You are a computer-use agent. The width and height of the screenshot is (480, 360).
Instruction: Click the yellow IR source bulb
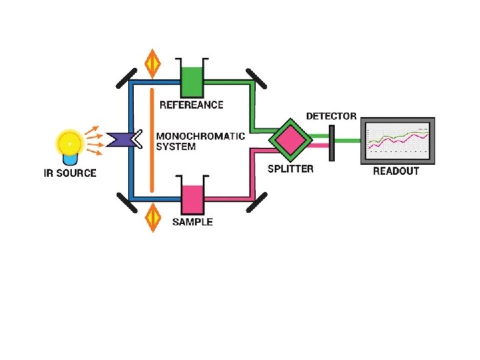(x=68, y=143)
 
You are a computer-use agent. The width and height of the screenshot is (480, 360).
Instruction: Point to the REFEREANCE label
(x=191, y=105)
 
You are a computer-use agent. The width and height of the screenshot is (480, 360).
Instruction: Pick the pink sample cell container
(x=192, y=197)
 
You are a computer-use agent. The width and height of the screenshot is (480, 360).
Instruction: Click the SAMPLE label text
(x=193, y=222)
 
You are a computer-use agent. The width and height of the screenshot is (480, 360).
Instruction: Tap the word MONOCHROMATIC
(x=201, y=136)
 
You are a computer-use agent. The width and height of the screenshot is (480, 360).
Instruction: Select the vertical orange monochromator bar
(x=153, y=141)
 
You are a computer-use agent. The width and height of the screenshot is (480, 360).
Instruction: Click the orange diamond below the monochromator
(x=153, y=217)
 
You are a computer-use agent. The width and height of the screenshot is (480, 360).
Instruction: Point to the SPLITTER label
(x=290, y=169)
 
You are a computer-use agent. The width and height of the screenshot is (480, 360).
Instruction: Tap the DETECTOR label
(x=331, y=116)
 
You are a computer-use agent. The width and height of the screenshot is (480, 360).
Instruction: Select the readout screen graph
(x=397, y=141)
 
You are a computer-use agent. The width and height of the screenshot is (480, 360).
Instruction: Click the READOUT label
(x=396, y=171)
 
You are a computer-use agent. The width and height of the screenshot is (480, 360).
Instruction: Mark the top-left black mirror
(x=122, y=79)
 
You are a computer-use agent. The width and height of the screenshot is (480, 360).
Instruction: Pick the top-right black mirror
(x=256, y=78)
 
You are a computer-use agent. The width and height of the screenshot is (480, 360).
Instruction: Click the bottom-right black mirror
(x=256, y=202)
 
